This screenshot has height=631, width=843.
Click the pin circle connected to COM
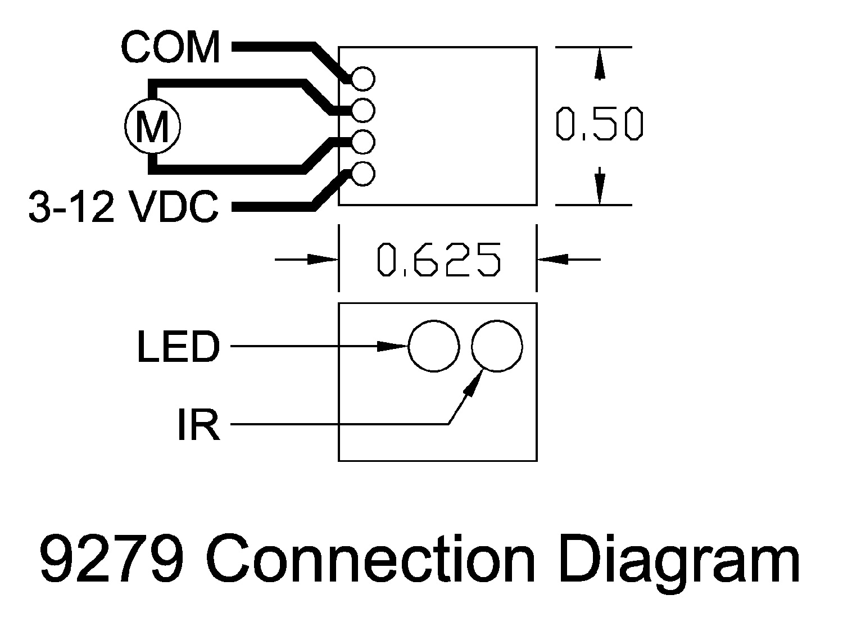click(363, 79)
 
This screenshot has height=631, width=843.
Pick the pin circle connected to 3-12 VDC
click(363, 174)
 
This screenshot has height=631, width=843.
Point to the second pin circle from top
click(363, 111)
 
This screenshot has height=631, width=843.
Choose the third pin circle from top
click(363, 142)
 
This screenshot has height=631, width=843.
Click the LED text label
click(178, 347)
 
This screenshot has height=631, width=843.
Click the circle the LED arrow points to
click(433, 346)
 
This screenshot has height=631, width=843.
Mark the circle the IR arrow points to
click(497, 346)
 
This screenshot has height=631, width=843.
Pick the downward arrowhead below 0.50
click(600, 187)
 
